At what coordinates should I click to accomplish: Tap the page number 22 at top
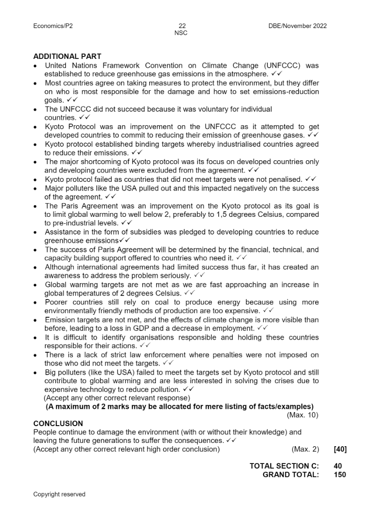pyautogui.click(x=182, y=26)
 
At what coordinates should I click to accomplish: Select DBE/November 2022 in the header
pyautogui.click(x=297, y=26)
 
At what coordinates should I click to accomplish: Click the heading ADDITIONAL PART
pyautogui.click(x=67, y=57)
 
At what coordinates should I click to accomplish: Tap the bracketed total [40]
pyautogui.click(x=340, y=449)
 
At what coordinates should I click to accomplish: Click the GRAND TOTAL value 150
pyautogui.click(x=340, y=475)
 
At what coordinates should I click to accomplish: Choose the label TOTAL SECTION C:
pyautogui.click(x=284, y=466)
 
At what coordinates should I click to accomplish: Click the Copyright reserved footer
pyautogui.click(x=59, y=494)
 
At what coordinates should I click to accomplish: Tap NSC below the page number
pyautogui.click(x=181, y=33)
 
